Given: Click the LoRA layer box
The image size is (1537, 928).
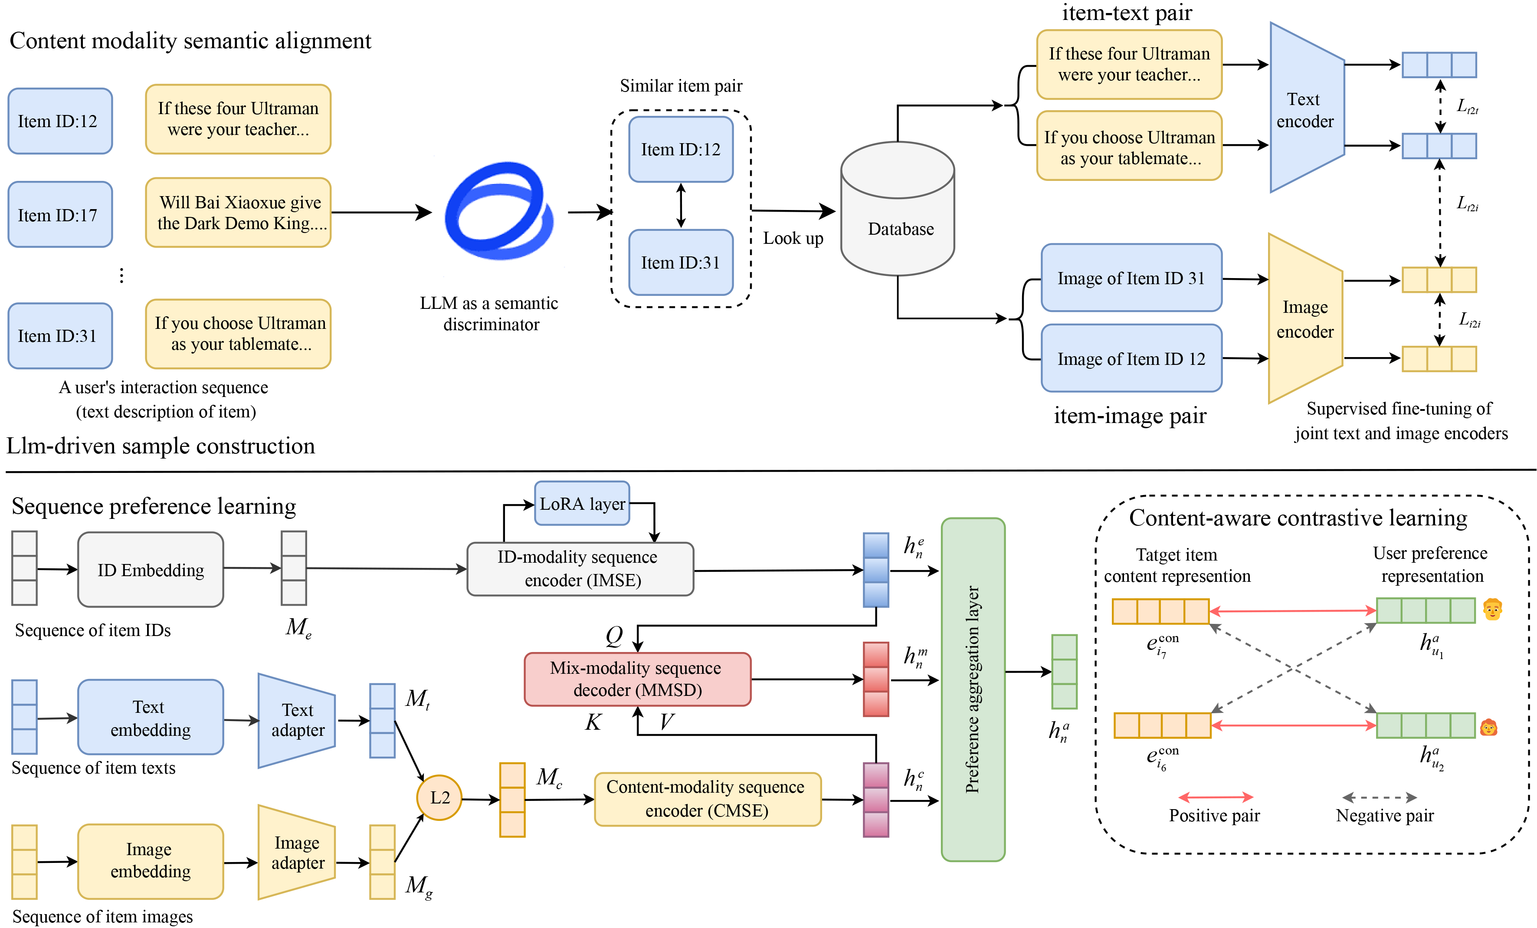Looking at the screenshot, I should (x=582, y=503).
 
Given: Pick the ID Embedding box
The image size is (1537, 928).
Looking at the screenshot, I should (x=151, y=569).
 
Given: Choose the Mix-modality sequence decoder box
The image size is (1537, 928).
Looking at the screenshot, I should (x=637, y=679).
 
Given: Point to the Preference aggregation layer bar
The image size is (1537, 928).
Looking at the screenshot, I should (x=973, y=689).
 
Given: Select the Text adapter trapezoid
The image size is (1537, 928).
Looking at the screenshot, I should (x=297, y=720).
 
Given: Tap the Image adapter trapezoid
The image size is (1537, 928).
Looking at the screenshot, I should (x=297, y=853).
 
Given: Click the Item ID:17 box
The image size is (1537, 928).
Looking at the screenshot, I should (x=60, y=214).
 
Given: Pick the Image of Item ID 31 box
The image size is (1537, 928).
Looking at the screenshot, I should (x=1131, y=278).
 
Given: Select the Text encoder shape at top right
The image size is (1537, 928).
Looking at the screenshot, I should (x=1306, y=109).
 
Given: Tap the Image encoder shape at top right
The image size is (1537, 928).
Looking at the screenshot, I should (x=1305, y=319).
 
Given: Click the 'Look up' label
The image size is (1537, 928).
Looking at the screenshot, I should (x=793, y=238).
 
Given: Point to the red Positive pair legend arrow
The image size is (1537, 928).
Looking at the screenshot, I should (x=1215, y=797).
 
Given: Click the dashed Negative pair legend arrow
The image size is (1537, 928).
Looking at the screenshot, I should (x=1379, y=797).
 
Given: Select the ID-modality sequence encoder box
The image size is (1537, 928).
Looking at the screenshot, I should (x=580, y=569).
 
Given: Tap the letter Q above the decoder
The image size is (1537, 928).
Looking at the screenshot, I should (x=614, y=636).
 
